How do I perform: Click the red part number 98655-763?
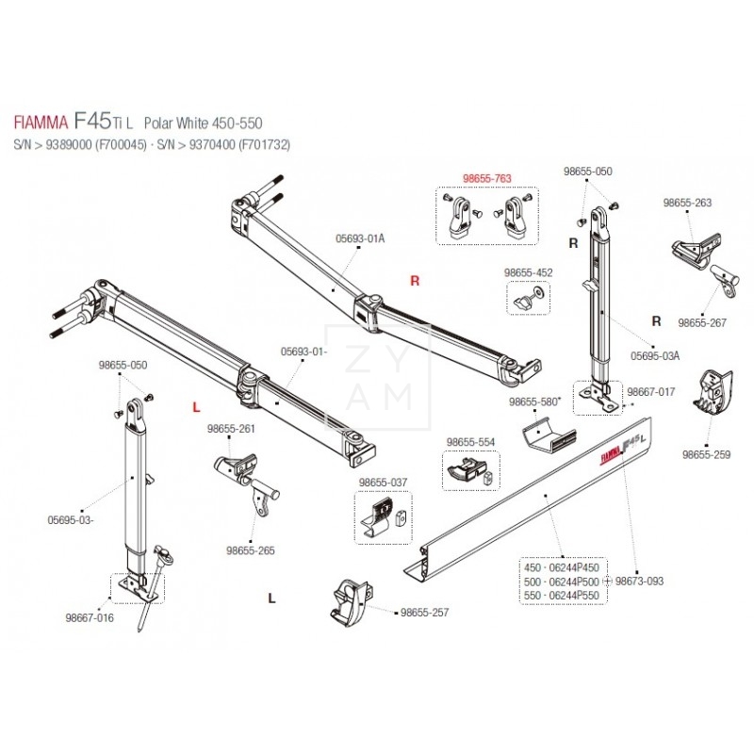[x=487, y=178]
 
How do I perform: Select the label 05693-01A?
[x=360, y=238]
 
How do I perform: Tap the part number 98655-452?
[x=528, y=272]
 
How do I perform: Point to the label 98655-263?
[x=687, y=203]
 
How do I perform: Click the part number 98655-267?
[x=702, y=322]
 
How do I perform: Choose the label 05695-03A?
[x=655, y=356]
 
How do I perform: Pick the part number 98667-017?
[x=651, y=392]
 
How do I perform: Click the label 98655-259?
[x=706, y=454]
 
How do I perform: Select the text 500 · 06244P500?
[x=562, y=582]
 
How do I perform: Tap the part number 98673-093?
[x=639, y=581]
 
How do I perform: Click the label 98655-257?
[x=425, y=613]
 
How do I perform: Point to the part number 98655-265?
[x=251, y=550]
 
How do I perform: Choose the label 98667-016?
[x=90, y=618]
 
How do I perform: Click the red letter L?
[x=196, y=407]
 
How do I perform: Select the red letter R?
[x=415, y=280]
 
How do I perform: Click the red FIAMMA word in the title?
[x=41, y=123]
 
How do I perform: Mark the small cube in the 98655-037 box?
[x=402, y=518]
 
